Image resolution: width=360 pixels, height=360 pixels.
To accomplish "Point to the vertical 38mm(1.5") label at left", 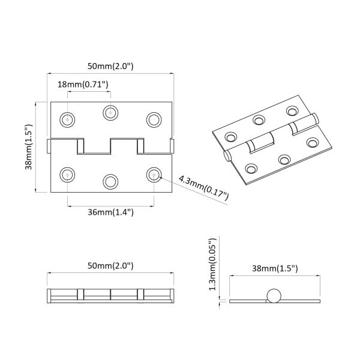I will coord(28,147).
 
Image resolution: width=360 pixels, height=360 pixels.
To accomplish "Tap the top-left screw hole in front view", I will coord(68,119).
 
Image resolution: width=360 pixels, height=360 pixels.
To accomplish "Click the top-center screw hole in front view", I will coord(110,112).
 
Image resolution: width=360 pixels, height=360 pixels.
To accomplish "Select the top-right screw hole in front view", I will coord(154,119).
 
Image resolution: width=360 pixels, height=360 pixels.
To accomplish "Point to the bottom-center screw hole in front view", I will coord(110,181).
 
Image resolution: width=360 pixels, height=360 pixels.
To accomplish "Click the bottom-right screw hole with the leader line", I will coord(154,175).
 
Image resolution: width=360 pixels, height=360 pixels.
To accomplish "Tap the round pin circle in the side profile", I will coord(274,297).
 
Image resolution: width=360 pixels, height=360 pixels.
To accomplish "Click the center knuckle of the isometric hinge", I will coord(262,144).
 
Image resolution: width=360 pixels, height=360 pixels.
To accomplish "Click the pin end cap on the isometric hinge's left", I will coord(227,157).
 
